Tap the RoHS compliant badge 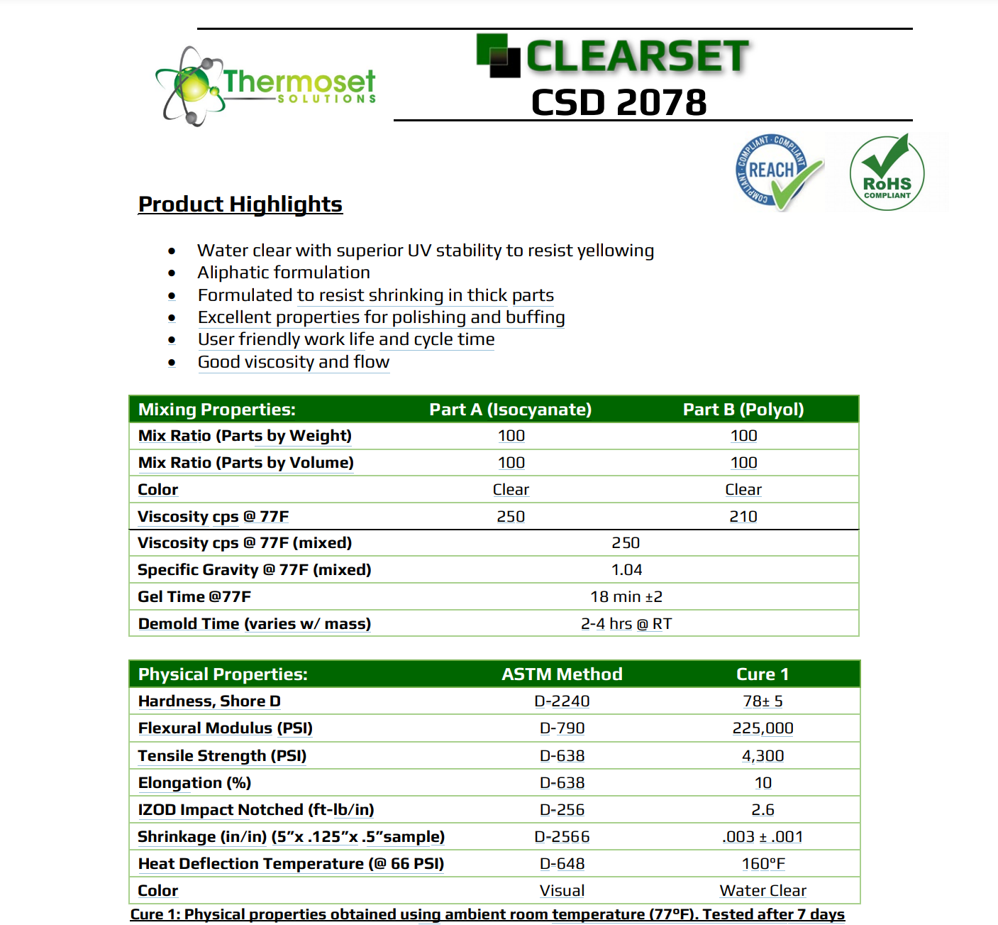point(887,173)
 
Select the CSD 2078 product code point(619,103)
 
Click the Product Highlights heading point(240,204)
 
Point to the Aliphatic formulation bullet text point(284,273)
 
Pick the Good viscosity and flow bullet point(294,362)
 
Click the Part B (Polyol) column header point(743,410)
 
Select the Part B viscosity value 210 point(743,517)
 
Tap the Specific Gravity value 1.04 point(626,570)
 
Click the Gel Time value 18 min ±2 point(626,597)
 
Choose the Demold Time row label point(254,624)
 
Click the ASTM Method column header point(562,674)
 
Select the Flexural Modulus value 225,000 point(763,728)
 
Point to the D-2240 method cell point(562,701)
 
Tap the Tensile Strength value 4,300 point(763,756)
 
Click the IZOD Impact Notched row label point(255,810)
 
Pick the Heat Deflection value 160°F point(763,864)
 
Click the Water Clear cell point(763,891)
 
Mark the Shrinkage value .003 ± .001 point(763,837)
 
